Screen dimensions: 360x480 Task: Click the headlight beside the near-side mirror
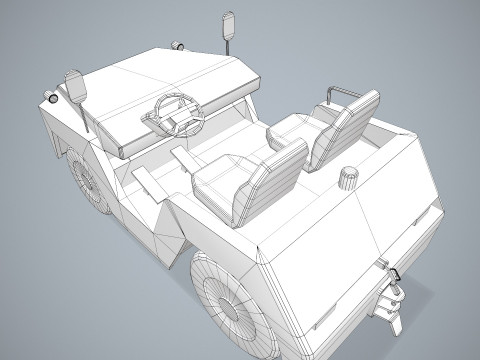pyautogui.click(x=47, y=98)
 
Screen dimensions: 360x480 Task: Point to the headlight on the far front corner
pyautogui.click(x=177, y=45)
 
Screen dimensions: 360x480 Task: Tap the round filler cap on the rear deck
pyautogui.click(x=349, y=176)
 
